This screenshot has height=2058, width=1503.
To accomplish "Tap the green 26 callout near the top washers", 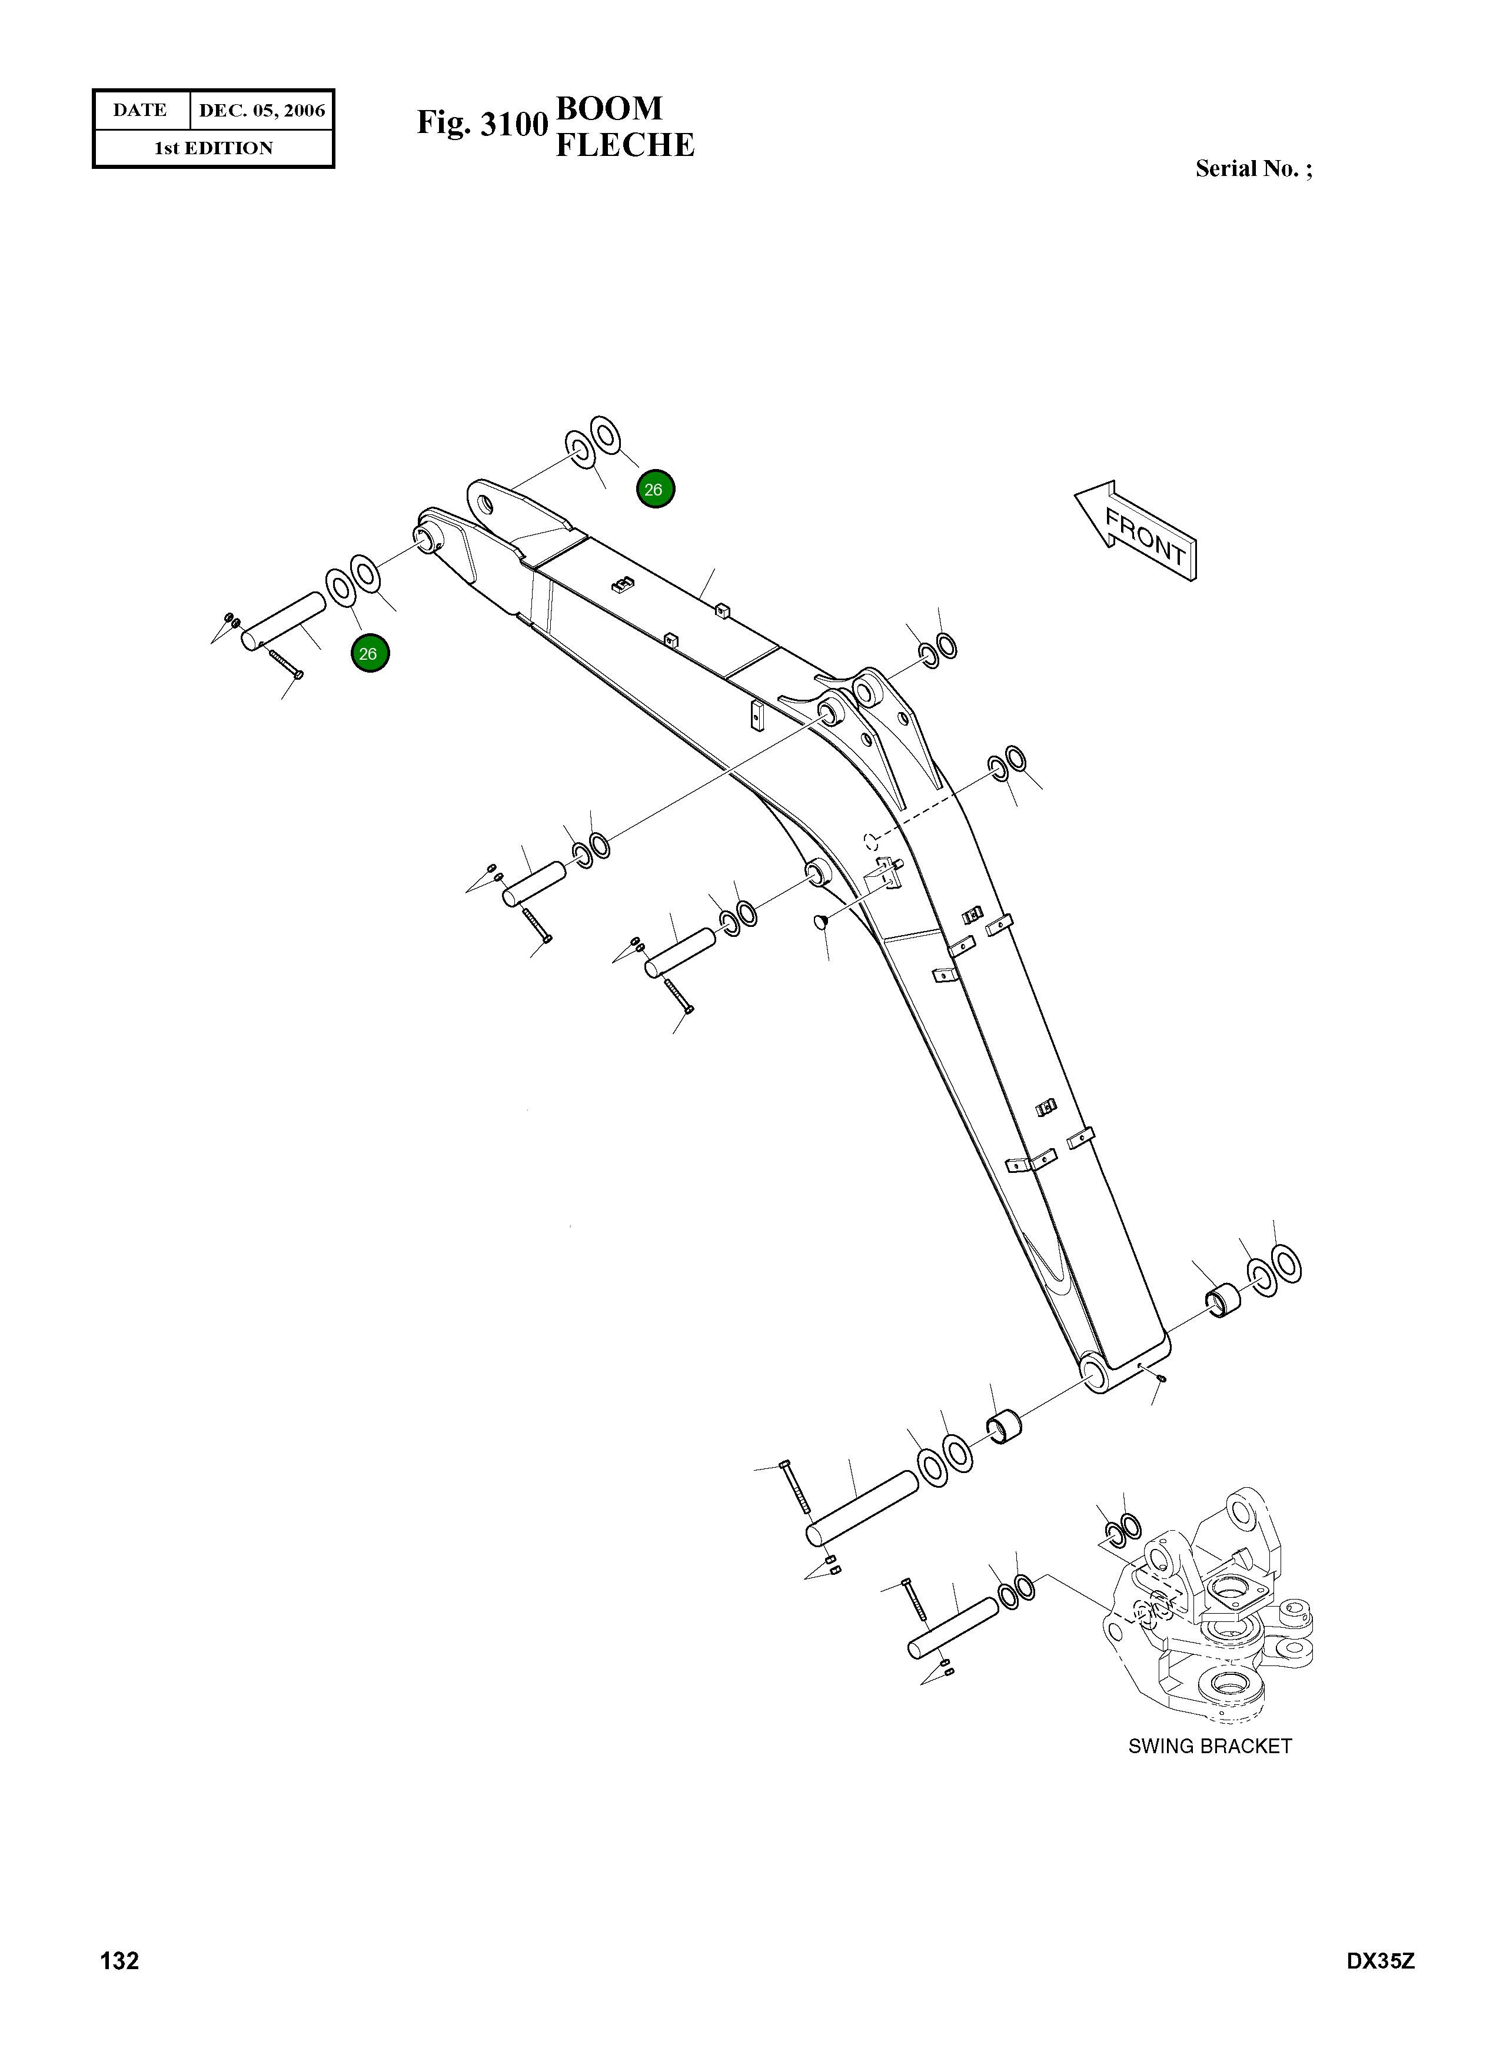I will pyautogui.click(x=655, y=490).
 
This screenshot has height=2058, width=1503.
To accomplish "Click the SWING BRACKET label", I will pyautogui.click(x=1209, y=1746).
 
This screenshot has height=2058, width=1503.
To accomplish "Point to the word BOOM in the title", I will pyautogui.click(x=608, y=108).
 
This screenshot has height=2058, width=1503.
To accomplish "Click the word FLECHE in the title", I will pyautogui.click(x=624, y=145).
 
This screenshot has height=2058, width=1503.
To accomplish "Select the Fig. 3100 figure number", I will pyautogui.click(x=481, y=124).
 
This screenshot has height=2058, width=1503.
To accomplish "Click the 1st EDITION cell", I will pyautogui.click(x=213, y=148).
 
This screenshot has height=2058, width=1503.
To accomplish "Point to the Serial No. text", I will pyautogui.click(x=1253, y=169).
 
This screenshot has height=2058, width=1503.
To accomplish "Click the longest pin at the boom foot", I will pyautogui.click(x=862, y=1508).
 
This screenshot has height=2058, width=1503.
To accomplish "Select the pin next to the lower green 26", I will pyautogui.click(x=283, y=621).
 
